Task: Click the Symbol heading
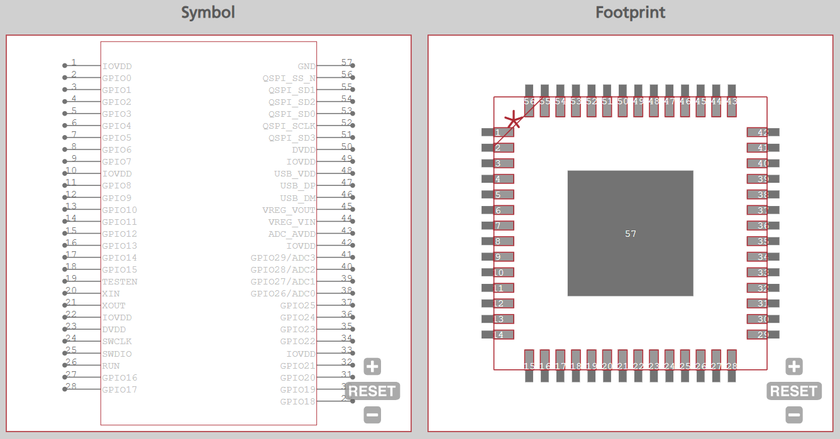pyautogui.click(x=207, y=13)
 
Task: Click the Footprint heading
pyautogui.click(x=630, y=13)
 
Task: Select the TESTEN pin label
pyautogui.click(x=119, y=282)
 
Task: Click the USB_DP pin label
pyautogui.click(x=298, y=186)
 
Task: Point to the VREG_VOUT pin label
pyautogui.click(x=289, y=210)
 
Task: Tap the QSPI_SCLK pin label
pyautogui.click(x=289, y=126)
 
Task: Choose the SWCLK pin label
pyautogui.click(x=117, y=342)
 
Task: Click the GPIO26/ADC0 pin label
pyautogui.click(x=283, y=294)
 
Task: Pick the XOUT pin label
pyautogui.click(x=114, y=306)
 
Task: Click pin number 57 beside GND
pyautogui.click(x=346, y=62)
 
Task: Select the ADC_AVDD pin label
pyautogui.click(x=292, y=234)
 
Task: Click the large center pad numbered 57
pyautogui.click(x=630, y=233)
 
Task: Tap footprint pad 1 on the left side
pyautogui.click(x=498, y=133)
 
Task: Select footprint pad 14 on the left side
pyautogui.click(x=498, y=335)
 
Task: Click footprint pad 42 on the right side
pyautogui.click(x=763, y=133)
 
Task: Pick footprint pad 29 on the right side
pyautogui.click(x=763, y=335)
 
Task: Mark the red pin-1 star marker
pyautogui.click(x=514, y=121)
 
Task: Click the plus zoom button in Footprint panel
pyautogui.click(x=794, y=367)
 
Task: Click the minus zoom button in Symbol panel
pyautogui.click(x=372, y=415)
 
